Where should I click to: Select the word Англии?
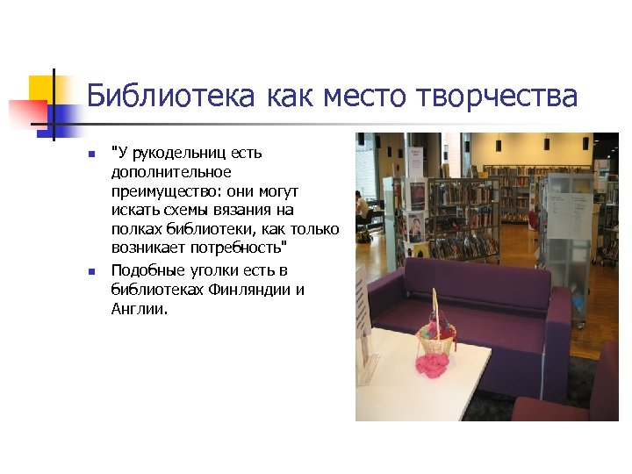click(x=138, y=309)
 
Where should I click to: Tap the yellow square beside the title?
click(x=41, y=88)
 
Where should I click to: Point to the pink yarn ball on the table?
click(x=432, y=364)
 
